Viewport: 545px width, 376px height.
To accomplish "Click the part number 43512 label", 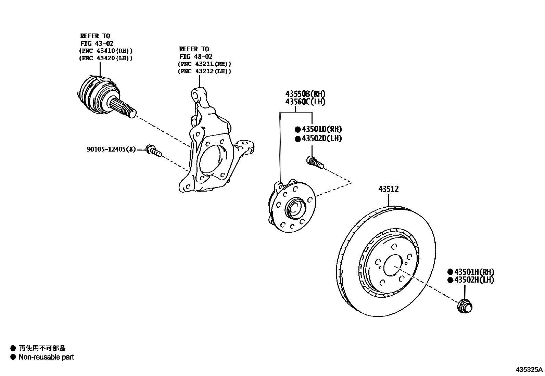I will pos(389,189).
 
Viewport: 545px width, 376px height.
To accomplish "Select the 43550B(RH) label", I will pos(305,94).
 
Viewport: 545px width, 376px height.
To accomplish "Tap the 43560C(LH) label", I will pos(305,102).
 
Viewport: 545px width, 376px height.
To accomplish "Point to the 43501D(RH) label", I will pos(321,129).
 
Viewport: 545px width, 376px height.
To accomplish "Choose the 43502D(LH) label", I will pos(321,139).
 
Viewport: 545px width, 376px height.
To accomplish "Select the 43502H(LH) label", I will pos(474,280).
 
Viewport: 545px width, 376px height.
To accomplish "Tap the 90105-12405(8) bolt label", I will pos(111,150).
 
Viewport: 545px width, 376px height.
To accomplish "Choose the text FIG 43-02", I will pos(97,43).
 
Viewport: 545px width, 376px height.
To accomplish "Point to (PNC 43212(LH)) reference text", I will pos(204,72).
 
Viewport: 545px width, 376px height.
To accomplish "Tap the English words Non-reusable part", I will pos(46,357).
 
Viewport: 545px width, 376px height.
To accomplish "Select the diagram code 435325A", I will pos(529,370).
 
